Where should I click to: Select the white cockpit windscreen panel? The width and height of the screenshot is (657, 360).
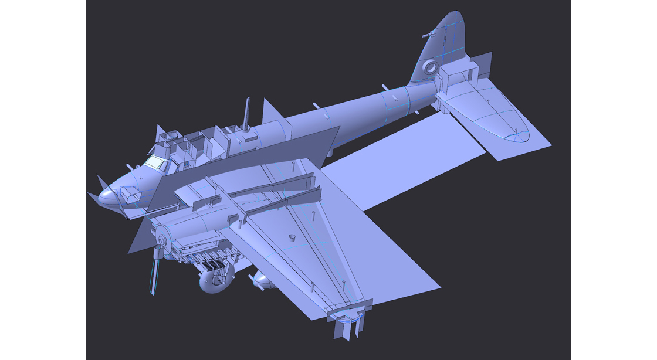click(x=154, y=162)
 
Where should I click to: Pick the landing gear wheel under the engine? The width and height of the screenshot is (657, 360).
click(x=215, y=281)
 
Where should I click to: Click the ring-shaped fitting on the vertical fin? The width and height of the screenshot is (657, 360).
click(x=431, y=67)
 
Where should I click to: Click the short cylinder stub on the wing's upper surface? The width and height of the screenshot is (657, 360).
click(x=291, y=238)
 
